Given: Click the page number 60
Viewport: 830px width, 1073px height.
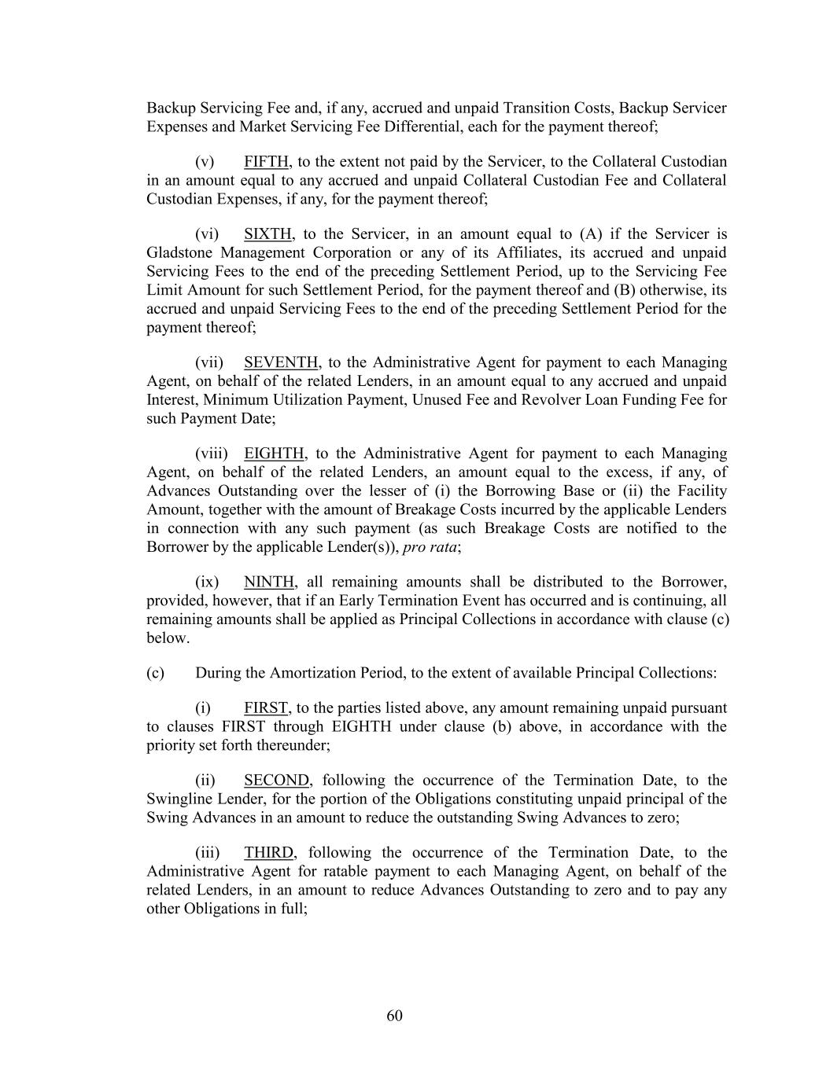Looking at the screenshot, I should click(x=395, y=1016).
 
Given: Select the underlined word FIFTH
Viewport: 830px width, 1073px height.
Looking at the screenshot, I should click(x=266, y=162).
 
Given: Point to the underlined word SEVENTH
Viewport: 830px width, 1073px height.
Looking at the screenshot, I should click(x=281, y=362).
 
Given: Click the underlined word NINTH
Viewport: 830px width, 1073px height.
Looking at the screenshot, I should click(x=269, y=582).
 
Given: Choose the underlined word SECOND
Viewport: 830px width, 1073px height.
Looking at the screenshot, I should click(x=277, y=781).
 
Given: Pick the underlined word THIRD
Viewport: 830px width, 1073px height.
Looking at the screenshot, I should click(x=268, y=853).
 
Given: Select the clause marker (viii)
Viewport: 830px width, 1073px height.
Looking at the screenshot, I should click(x=212, y=454).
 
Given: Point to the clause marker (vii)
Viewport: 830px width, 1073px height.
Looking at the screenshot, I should click(x=209, y=362).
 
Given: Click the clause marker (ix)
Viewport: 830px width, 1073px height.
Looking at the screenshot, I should click(x=207, y=582).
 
